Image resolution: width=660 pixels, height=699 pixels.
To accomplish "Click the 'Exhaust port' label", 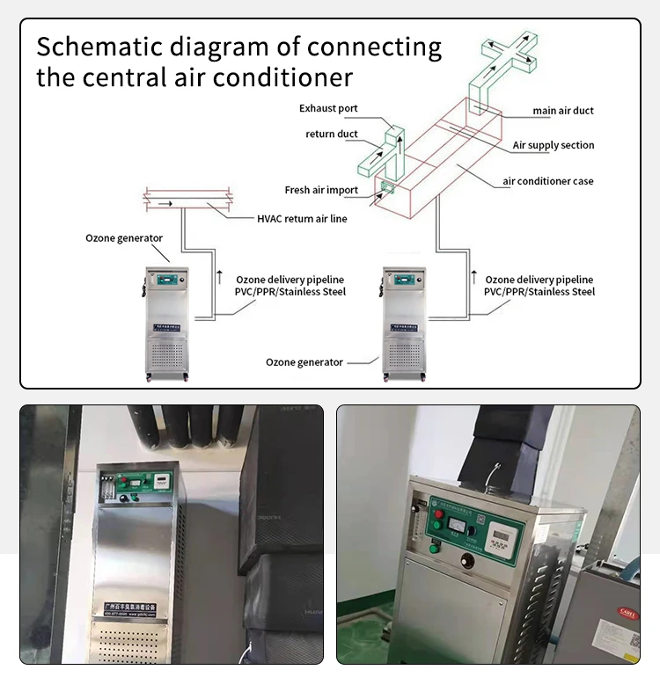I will [x=328, y=109].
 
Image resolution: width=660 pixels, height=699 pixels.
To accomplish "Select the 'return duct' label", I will [x=332, y=134].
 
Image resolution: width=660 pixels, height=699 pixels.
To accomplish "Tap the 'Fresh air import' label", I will [x=321, y=190].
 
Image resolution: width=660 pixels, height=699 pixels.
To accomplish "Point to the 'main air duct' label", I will [x=563, y=111].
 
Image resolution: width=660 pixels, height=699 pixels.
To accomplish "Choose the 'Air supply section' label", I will [x=554, y=145].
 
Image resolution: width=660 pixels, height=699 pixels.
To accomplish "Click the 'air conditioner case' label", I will [x=548, y=181].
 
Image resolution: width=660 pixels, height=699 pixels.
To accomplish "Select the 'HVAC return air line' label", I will [x=302, y=218].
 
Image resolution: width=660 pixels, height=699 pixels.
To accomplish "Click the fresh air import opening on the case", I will [x=387, y=187].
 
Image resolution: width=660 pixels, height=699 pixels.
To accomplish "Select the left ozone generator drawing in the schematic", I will [x=167, y=321].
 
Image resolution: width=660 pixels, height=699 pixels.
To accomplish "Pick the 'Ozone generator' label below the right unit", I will [x=304, y=362].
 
